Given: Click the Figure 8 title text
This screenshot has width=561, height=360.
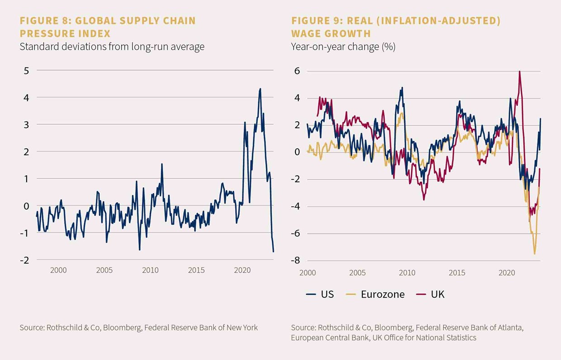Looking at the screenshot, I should point(108,27).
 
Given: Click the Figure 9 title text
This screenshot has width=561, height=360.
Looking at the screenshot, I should point(396,27).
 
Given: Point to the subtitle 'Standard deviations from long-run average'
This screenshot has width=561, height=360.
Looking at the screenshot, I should point(112,47).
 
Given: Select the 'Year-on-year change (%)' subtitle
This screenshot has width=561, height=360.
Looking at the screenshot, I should point(343,47).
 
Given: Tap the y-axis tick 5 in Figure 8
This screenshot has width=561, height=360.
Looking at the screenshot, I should point(26,71).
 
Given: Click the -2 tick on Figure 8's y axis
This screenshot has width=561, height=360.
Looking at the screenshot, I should point(25,260).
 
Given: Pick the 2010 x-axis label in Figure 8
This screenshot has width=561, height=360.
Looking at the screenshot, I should point(150,270).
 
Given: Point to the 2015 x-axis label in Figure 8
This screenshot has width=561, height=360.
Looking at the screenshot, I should point(196,270).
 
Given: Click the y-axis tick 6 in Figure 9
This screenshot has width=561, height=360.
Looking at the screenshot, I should point(297,71).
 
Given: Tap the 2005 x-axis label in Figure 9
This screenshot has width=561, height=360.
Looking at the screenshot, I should point(357,273).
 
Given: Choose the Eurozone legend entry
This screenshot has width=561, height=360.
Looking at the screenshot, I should point(375,294).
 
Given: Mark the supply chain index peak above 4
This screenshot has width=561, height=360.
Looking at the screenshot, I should point(260,89).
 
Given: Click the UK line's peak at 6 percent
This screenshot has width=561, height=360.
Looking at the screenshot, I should point(519,71).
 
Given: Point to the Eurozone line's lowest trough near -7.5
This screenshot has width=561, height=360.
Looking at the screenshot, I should point(534,254).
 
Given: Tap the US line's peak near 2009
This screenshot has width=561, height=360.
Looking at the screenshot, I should point(402,88).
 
